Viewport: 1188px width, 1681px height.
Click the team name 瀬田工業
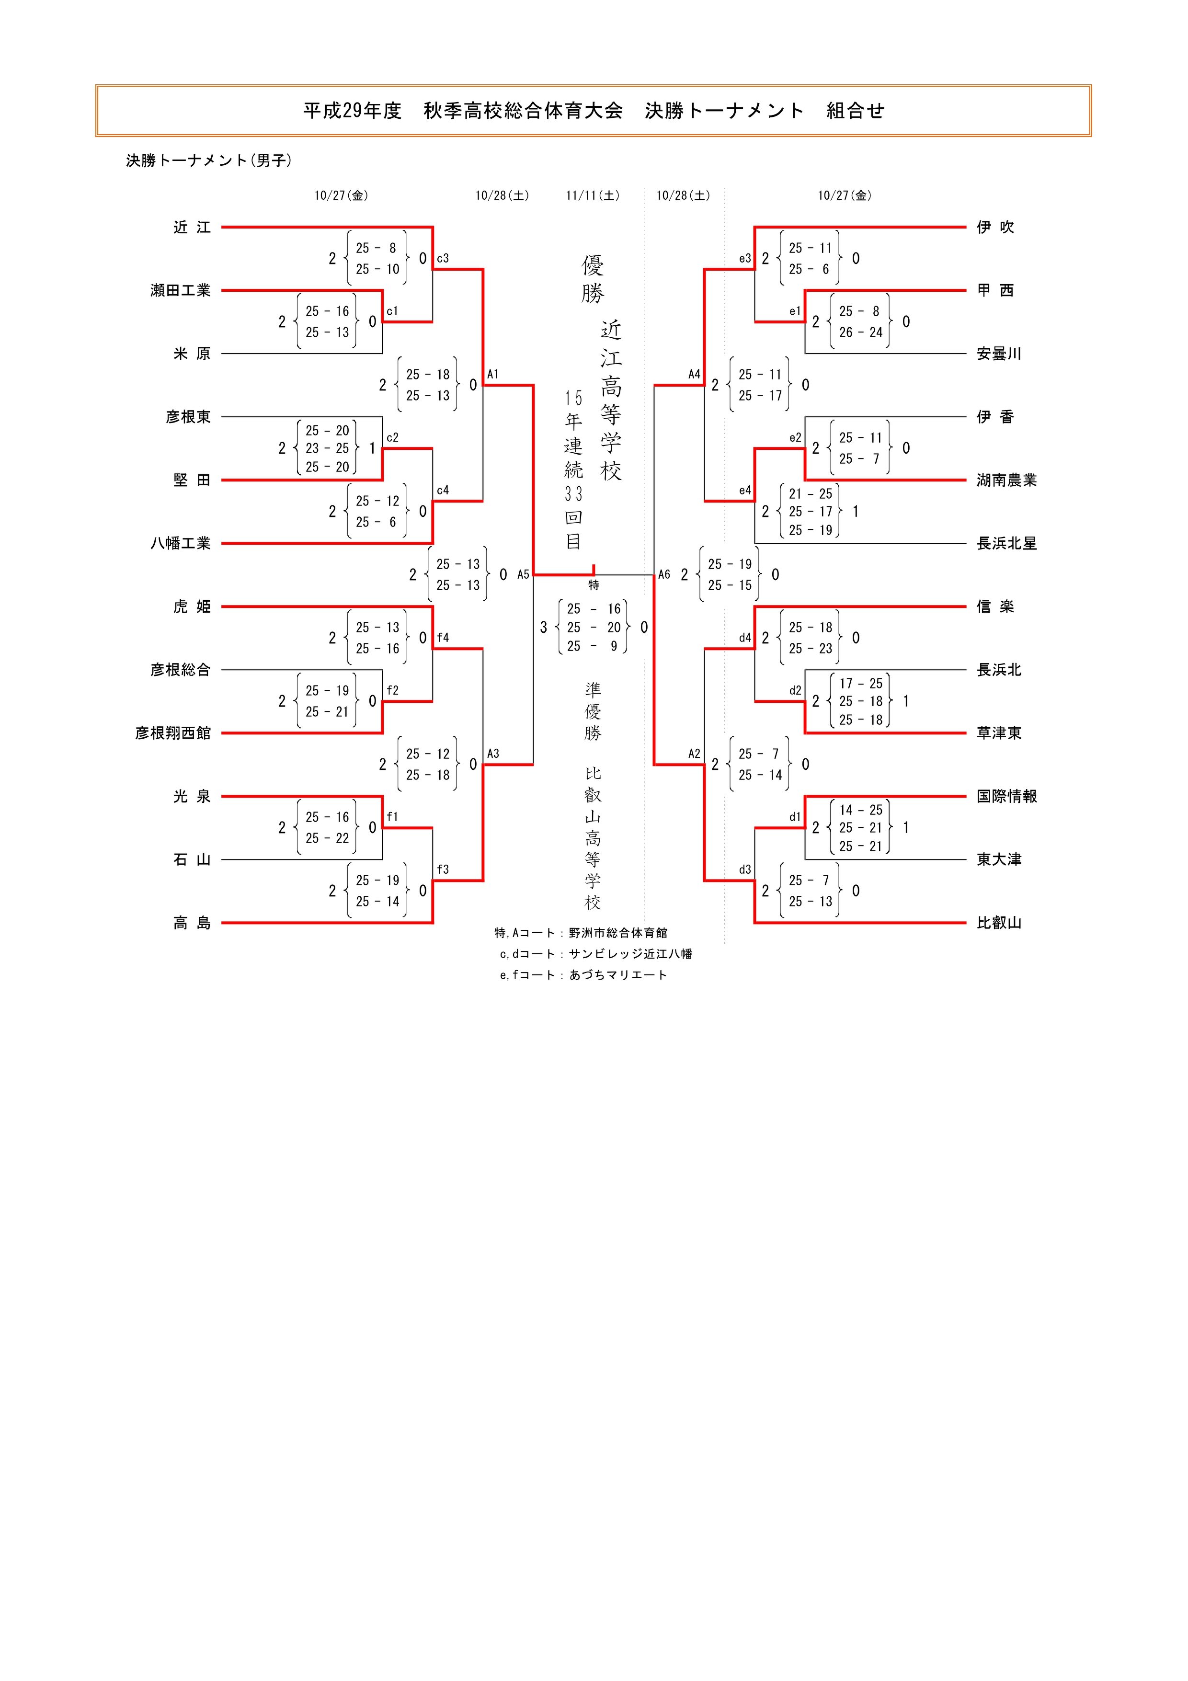click(x=180, y=291)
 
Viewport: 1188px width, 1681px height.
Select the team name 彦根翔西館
click(x=173, y=733)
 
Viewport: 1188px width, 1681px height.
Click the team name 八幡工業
click(x=180, y=543)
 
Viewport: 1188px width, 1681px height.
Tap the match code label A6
click(x=664, y=575)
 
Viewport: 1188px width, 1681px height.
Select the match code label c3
click(x=442, y=258)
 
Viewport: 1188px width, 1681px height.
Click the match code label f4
click(x=442, y=638)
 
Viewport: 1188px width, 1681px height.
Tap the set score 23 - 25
click(x=327, y=448)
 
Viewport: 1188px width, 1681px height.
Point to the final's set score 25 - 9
click(x=593, y=646)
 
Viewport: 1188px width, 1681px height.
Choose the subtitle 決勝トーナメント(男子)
click(x=208, y=160)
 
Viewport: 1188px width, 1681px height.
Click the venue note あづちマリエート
click(x=618, y=974)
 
